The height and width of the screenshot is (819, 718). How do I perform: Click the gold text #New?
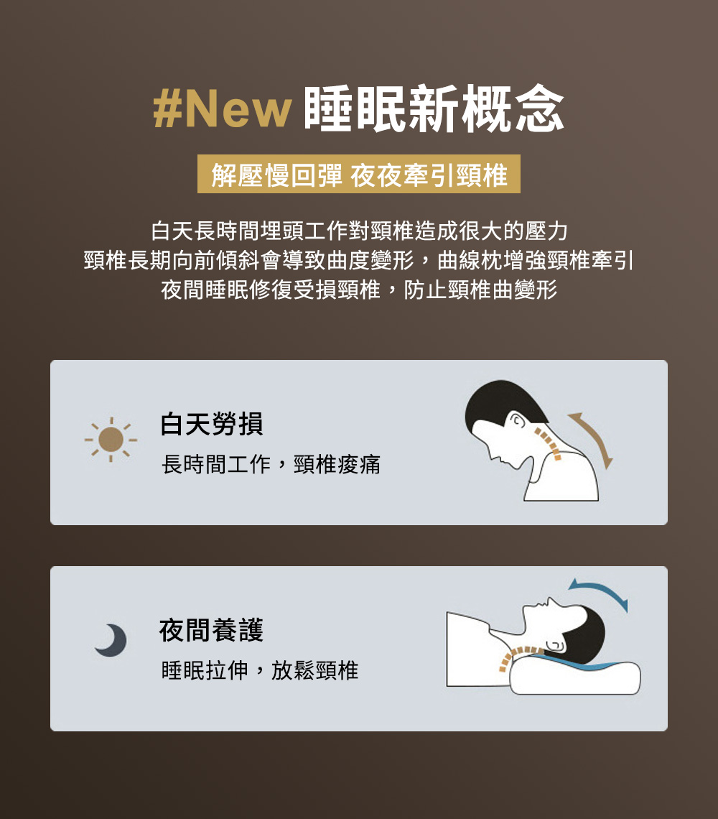coord(222,108)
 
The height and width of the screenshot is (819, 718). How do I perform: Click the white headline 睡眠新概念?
coord(434,108)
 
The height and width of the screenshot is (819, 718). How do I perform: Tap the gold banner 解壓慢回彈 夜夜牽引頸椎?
coord(359,174)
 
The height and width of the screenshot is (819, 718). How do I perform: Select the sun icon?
coord(111,440)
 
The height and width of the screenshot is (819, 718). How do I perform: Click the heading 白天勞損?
coord(212,424)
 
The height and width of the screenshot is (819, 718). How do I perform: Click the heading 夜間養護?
coord(212,630)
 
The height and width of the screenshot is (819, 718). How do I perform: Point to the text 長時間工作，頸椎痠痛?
coord(271,464)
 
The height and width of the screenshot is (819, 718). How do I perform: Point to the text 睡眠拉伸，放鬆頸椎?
coord(260,670)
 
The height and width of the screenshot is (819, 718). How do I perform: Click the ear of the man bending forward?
coord(516,420)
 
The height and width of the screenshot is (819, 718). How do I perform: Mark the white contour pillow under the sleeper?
coord(574,678)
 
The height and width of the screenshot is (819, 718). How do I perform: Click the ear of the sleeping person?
coord(555,645)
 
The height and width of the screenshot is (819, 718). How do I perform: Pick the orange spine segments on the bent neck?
coord(549,444)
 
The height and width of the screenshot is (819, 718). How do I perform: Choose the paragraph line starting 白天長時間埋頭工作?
coord(359,231)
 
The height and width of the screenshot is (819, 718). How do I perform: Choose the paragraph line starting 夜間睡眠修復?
coord(359,290)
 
